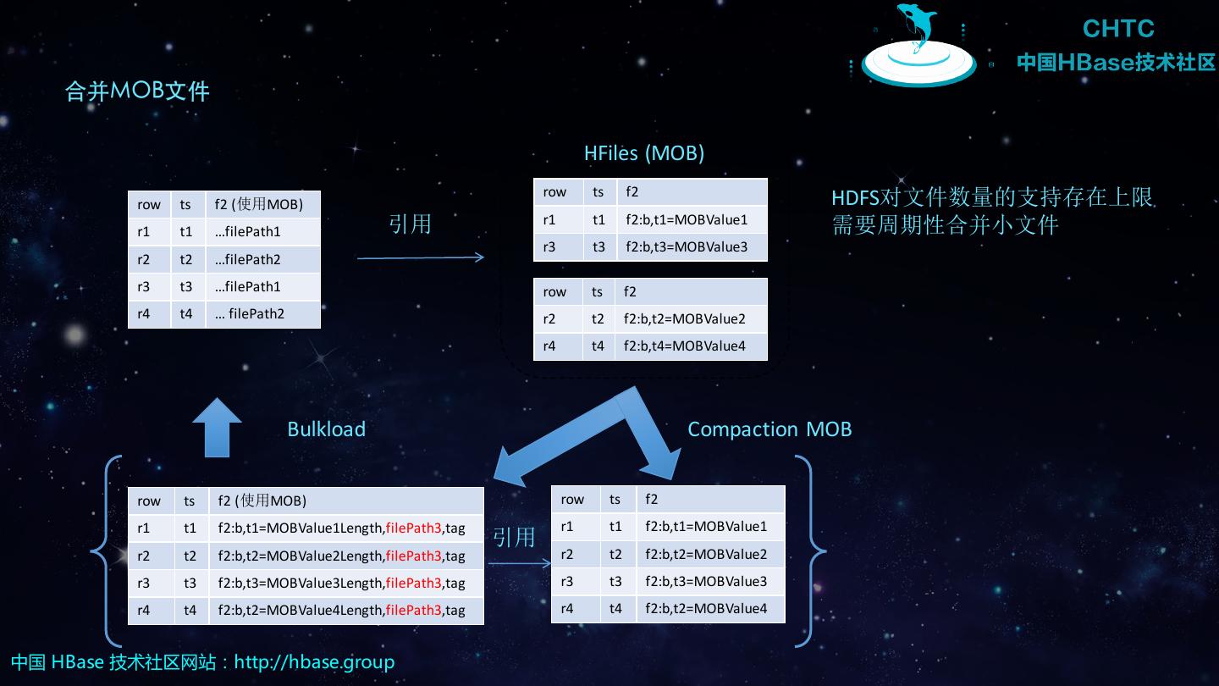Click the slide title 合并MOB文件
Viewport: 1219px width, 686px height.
coord(137,91)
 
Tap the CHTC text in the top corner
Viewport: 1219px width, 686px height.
coord(1117,29)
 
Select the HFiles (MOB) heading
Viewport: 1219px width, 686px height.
coord(644,153)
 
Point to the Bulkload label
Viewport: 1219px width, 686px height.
coord(326,429)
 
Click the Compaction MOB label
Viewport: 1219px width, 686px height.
coord(769,429)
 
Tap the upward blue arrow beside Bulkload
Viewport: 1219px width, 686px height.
coord(217,427)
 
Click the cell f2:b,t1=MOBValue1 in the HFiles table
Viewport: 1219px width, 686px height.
coord(686,220)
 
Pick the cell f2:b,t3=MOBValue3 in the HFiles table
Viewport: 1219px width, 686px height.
coord(686,247)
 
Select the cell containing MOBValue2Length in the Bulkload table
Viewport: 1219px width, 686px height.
coord(341,556)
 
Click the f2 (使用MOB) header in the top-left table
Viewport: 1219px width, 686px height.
coord(258,204)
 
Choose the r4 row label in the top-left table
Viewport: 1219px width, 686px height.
coord(143,314)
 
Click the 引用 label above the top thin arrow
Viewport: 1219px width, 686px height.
coord(410,224)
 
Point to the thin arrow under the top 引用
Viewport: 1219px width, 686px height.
coord(420,257)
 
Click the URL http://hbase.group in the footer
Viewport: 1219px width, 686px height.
coord(314,661)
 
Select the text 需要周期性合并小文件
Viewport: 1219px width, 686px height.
coord(945,225)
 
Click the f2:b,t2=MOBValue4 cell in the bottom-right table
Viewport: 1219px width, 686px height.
coord(705,608)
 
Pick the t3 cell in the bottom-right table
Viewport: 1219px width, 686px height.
coord(615,581)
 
